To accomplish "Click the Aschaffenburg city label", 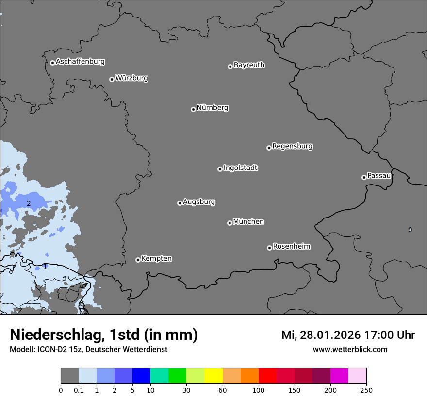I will [x=80, y=62].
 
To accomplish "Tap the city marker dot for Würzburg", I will [x=112, y=79].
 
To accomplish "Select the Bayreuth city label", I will [x=249, y=65].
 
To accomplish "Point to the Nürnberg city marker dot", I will [x=193, y=109].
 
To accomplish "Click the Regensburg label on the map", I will [x=292, y=146].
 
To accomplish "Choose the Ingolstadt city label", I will [x=240, y=168].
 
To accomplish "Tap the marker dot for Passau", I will [x=364, y=177].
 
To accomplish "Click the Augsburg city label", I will [x=199, y=201].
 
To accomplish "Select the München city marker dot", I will [x=230, y=223].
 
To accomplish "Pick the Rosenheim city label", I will [x=291, y=246].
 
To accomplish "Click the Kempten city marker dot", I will [x=138, y=260].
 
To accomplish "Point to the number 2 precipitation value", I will [x=29, y=203].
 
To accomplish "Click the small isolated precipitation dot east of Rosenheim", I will [x=410, y=230].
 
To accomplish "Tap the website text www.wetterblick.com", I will [x=350, y=349].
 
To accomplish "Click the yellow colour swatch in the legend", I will [x=213, y=376].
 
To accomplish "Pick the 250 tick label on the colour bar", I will [x=366, y=390].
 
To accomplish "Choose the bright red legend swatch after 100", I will [x=267, y=376].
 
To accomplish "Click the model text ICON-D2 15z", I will [x=58, y=349].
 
